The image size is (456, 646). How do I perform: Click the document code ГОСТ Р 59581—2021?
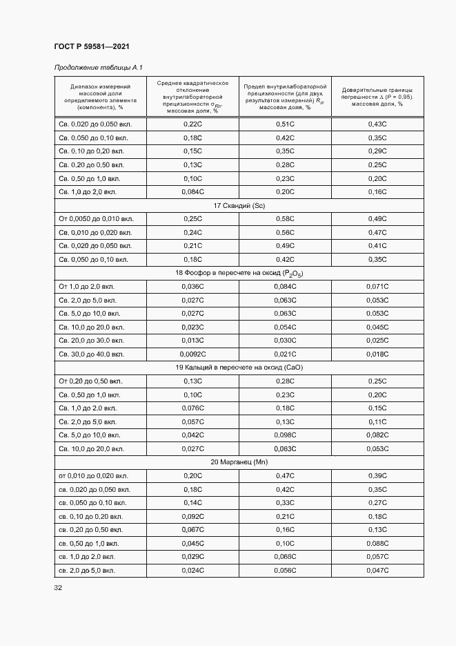(x=91, y=46)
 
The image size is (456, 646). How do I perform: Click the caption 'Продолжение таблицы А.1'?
(x=98, y=67)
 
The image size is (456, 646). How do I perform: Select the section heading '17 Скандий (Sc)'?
(x=239, y=205)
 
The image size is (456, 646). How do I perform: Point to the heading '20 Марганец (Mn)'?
(x=239, y=462)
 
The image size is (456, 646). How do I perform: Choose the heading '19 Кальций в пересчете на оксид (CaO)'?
(x=239, y=368)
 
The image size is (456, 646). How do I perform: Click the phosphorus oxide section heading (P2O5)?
(x=239, y=273)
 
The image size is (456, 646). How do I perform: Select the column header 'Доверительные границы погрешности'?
(x=377, y=97)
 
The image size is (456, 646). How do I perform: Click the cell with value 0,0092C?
(x=192, y=354)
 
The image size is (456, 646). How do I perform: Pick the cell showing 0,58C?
(x=285, y=219)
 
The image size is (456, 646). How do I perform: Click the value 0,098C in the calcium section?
(x=285, y=435)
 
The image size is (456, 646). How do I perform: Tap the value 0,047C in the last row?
(x=377, y=570)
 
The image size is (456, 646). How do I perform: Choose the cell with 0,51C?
(x=285, y=124)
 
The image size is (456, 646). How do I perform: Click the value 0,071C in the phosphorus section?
(x=377, y=286)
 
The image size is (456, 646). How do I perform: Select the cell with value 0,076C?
(x=192, y=408)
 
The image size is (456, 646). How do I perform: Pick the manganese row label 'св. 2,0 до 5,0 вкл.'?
(x=87, y=570)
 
